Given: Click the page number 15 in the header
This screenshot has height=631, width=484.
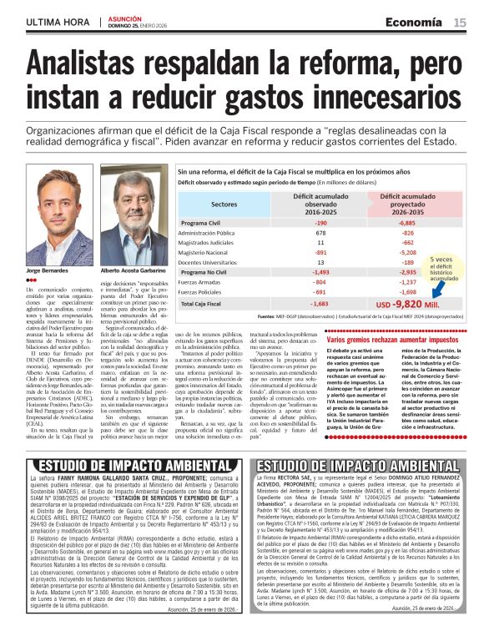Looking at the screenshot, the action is tap(460, 23).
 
